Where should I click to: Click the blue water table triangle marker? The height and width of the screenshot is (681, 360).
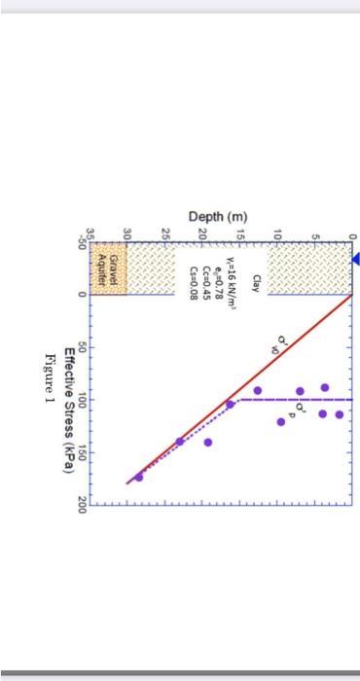click(x=353, y=259)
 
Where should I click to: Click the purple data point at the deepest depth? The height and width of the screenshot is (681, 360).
click(x=139, y=476)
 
